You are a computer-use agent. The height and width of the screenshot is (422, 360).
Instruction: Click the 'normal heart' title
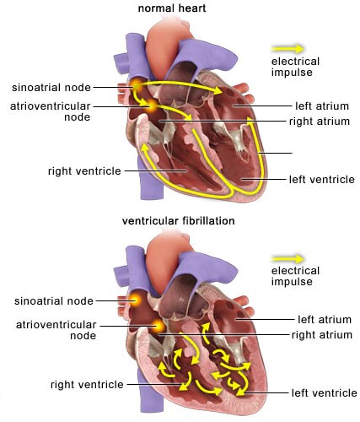pyautogui.click(x=172, y=8)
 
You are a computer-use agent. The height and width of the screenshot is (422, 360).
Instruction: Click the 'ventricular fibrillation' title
pyautogui.click(x=179, y=221)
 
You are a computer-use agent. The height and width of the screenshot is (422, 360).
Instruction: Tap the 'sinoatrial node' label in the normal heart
pyautogui.click(x=51, y=88)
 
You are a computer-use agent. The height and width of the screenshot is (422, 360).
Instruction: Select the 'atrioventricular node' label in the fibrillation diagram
pyautogui.click(x=56, y=330)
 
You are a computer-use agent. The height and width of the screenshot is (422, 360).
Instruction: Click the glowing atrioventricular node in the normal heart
pyautogui.click(x=152, y=105)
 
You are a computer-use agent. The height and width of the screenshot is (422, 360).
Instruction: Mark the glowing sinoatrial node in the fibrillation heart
pyautogui.click(x=136, y=300)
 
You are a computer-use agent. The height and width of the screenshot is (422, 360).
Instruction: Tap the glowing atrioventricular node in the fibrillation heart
pyautogui.click(x=159, y=326)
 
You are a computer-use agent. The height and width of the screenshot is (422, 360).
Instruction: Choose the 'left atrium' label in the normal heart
pyautogui.click(x=322, y=106)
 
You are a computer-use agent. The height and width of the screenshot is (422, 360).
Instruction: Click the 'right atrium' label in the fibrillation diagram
pyautogui.click(x=322, y=335)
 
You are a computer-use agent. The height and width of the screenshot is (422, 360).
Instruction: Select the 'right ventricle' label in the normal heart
pyautogui.click(x=84, y=171)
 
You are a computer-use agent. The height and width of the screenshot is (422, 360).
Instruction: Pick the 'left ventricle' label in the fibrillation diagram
pyautogui.click(x=324, y=392)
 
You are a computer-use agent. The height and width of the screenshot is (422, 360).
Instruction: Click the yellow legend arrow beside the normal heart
pyautogui.click(x=287, y=49)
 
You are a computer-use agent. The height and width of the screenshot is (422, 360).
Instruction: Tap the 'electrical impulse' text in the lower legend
pyautogui.click(x=295, y=276)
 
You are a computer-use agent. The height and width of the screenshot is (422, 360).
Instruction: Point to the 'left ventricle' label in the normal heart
pyautogui.click(x=322, y=180)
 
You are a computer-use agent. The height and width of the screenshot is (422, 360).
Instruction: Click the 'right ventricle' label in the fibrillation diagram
pyautogui.click(x=87, y=385)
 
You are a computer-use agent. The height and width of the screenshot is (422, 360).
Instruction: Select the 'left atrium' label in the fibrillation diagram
pyautogui.click(x=325, y=320)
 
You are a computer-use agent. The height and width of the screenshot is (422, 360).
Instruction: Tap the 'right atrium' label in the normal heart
pyautogui.click(x=320, y=122)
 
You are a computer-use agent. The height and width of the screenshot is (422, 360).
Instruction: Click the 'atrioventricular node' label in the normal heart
pyautogui.click(x=51, y=111)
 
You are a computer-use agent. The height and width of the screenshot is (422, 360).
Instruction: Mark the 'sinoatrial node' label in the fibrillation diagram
pyautogui.click(x=54, y=301)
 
